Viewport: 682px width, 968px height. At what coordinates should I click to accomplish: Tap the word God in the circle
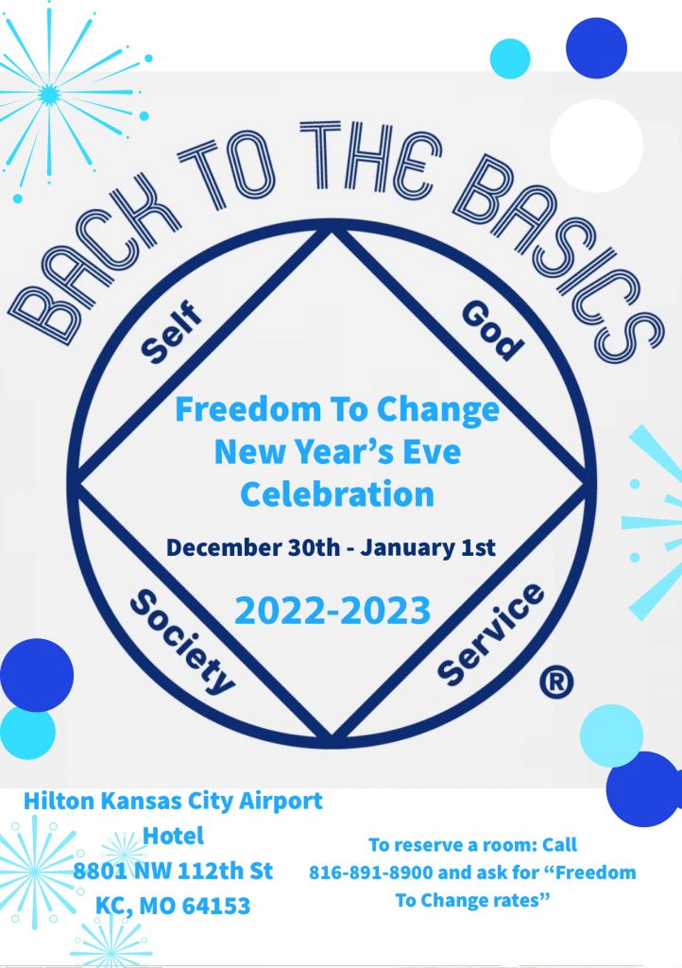pos(492,332)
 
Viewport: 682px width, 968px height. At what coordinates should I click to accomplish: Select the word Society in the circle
pos(181,640)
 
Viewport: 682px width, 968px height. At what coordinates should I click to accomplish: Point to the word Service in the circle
pos(491,634)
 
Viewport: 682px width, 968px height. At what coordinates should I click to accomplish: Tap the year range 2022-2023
pos(332,611)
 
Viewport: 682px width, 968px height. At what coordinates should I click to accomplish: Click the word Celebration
pos(336,493)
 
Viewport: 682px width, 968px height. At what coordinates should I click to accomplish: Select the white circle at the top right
pos(596,146)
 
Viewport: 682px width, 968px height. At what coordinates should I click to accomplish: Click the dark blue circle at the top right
pos(596,48)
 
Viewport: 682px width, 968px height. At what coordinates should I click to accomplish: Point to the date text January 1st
pos(443,547)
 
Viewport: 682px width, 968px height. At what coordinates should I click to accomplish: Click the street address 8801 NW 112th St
pos(173,871)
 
